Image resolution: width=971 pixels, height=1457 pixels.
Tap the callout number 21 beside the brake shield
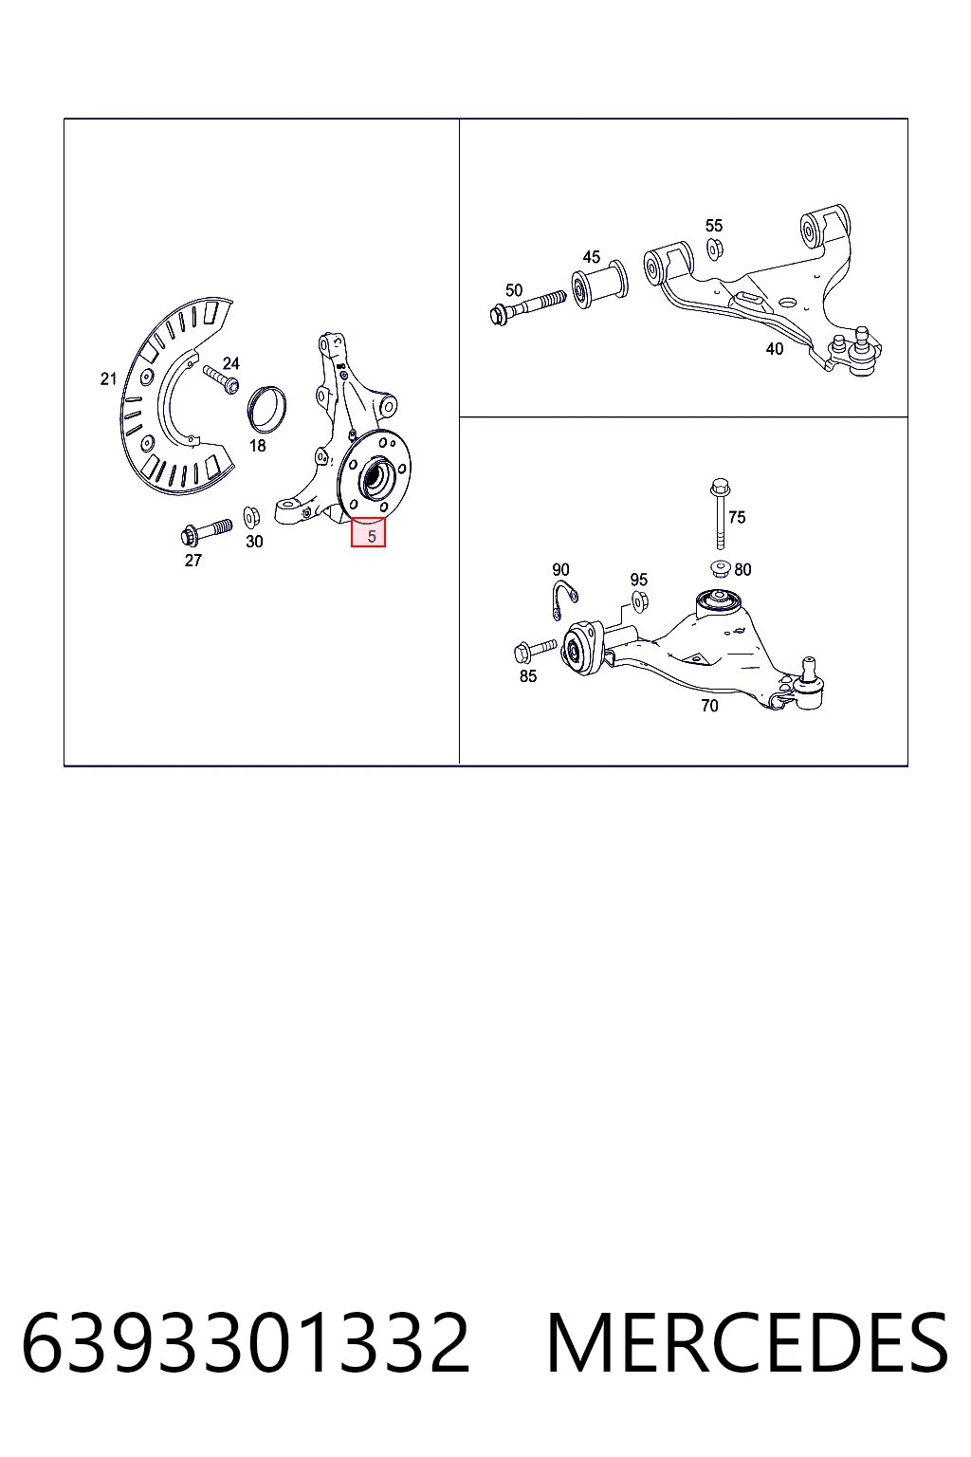[x=109, y=378]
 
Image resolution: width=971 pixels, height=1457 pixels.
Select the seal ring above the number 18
[x=266, y=409]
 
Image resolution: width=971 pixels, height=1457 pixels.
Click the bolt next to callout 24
[x=221, y=379]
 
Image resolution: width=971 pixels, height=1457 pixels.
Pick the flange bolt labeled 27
[x=205, y=531]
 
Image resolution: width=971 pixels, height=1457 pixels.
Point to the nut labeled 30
[x=251, y=516]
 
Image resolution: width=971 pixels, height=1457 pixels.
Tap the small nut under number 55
[x=715, y=248]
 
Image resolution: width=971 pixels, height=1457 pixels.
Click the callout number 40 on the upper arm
[x=774, y=349]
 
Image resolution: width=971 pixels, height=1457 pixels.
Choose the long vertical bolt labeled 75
[x=720, y=514]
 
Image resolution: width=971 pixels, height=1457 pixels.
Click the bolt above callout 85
[x=535, y=649]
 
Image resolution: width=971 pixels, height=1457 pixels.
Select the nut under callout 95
[x=639, y=601]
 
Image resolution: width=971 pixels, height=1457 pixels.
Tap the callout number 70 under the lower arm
[x=709, y=706]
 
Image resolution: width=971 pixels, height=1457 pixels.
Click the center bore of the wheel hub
[x=376, y=479]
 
